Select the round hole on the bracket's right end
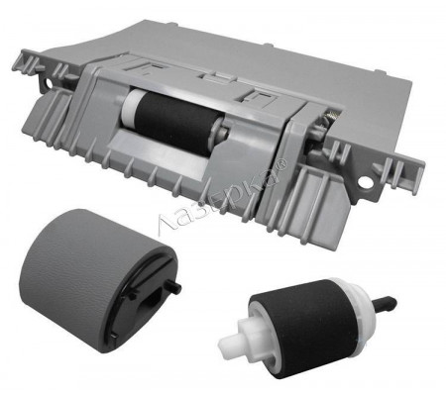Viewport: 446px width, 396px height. coord(365,182)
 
